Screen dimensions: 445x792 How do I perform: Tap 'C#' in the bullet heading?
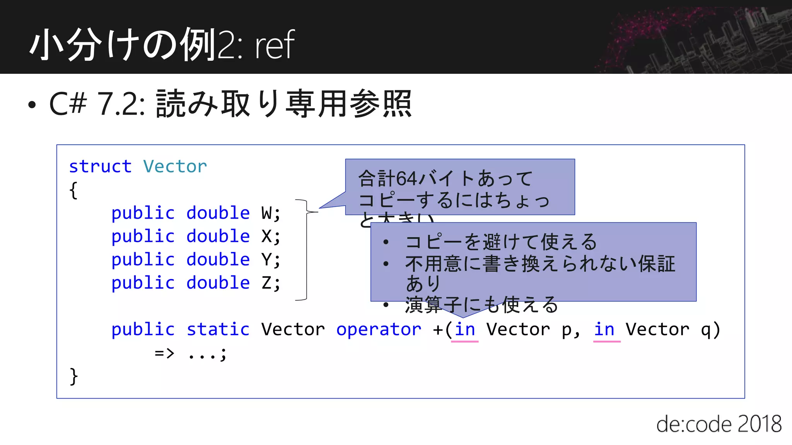pyautogui.click(x=68, y=104)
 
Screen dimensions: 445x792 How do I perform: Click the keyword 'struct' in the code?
pyautogui.click(x=100, y=167)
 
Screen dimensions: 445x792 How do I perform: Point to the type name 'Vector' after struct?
pyautogui.click(x=175, y=167)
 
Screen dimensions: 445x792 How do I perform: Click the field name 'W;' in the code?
pyautogui.click(x=271, y=213)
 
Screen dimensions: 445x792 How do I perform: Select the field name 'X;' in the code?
pyautogui.click(x=271, y=236)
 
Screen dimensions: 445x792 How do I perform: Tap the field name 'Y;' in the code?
pyautogui.click(x=271, y=260)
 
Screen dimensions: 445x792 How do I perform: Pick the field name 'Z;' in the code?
pyautogui.click(x=271, y=283)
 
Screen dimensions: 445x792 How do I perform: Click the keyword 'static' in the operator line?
pyautogui.click(x=218, y=330)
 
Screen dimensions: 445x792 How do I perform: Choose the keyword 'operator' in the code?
pyautogui.click(x=379, y=330)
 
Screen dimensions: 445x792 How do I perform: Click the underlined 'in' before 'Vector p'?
pyautogui.click(x=465, y=330)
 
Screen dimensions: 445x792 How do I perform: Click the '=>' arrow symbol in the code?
pyautogui.click(x=165, y=353)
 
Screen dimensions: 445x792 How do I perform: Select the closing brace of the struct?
pyautogui.click(x=73, y=376)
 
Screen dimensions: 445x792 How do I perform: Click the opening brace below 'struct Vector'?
pyautogui.click(x=73, y=190)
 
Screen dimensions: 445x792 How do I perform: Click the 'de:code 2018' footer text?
pyautogui.click(x=719, y=424)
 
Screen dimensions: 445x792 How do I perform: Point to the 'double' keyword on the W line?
pyautogui.click(x=218, y=213)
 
